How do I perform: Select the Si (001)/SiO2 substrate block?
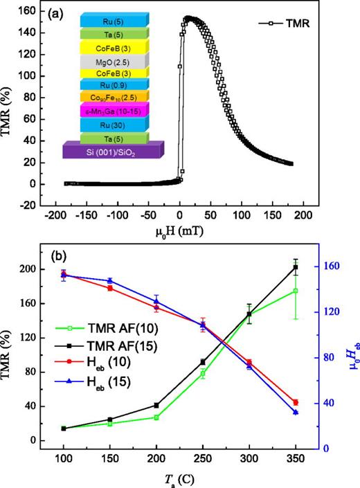[x=111, y=150]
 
